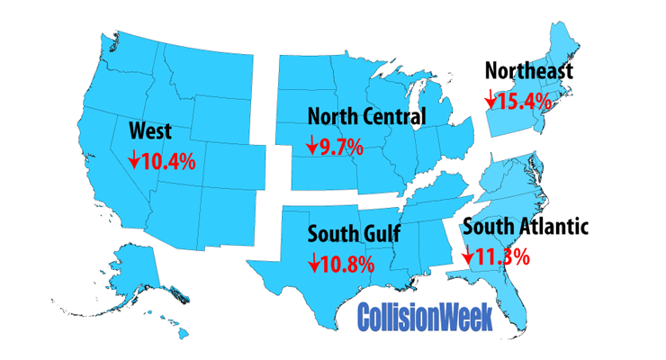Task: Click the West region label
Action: [x=151, y=131]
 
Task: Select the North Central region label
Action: [x=366, y=116]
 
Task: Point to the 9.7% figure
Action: [x=340, y=145]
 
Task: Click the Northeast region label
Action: [x=528, y=71]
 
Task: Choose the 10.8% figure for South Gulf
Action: [x=349, y=264]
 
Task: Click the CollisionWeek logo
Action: [x=425, y=317]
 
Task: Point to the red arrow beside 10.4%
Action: [x=133, y=160]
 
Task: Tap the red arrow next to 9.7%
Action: [x=312, y=145]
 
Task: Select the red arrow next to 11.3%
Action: [x=467, y=255]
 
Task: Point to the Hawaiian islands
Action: [x=171, y=324]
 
